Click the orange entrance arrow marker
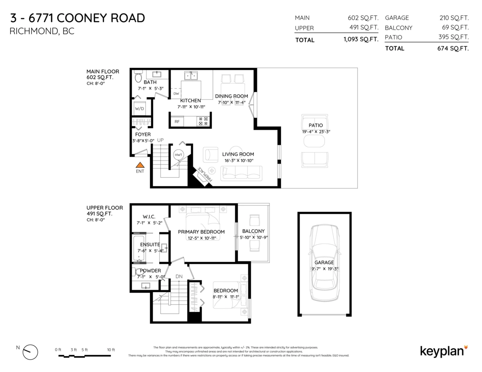click(x=139, y=165)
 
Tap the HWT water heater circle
click(x=178, y=155)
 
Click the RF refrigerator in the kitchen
click(x=177, y=121)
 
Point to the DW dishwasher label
click(x=176, y=94)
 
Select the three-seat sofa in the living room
click(x=242, y=173)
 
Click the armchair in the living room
click(x=210, y=154)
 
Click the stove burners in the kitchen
click(x=203, y=121)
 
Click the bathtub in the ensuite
click(x=139, y=249)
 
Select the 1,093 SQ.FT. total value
click(x=361, y=39)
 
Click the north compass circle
click(x=31, y=352)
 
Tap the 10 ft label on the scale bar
click(x=110, y=350)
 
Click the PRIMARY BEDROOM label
click(x=197, y=232)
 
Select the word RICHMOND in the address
click(x=33, y=31)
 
